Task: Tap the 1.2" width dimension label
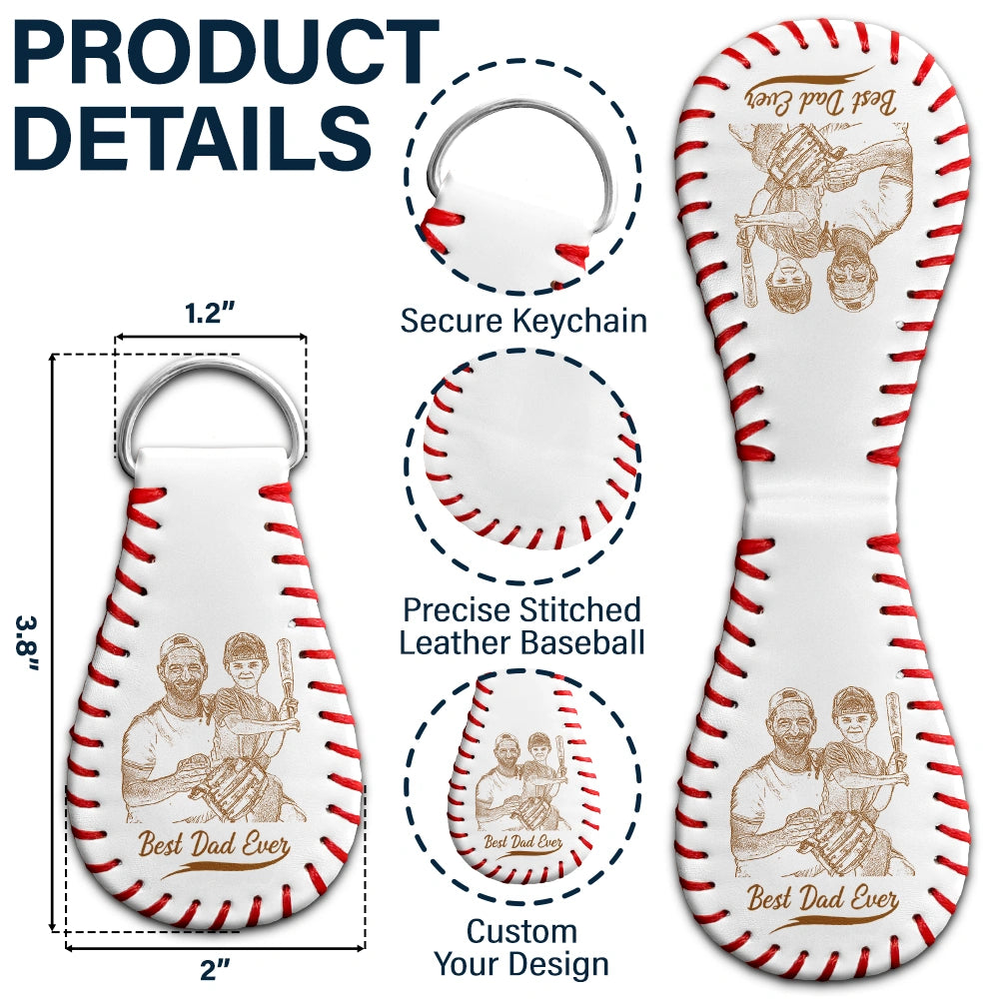tap(210, 313)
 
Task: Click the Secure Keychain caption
tap(523, 321)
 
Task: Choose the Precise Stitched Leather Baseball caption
tap(521, 625)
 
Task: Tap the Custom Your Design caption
tap(521, 948)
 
